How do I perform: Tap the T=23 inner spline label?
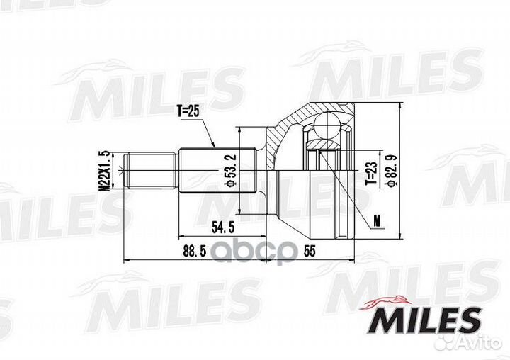click(x=369, y=171)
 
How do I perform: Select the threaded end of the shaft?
click(x=150, y=171)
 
